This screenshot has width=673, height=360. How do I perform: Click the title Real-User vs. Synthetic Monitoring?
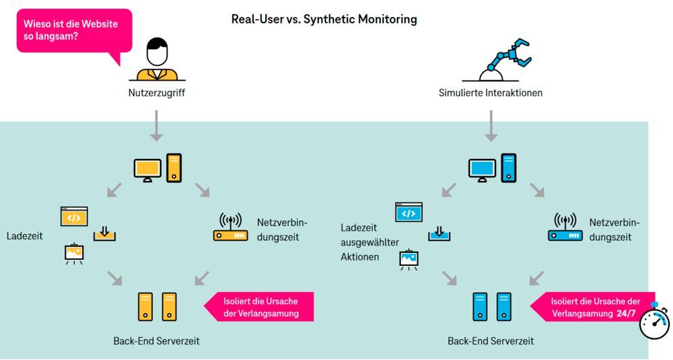[324, 20]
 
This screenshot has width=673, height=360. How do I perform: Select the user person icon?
[157, 60]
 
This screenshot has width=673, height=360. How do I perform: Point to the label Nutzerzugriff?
[156, 93]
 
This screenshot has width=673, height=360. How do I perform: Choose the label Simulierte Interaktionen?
[490, 93]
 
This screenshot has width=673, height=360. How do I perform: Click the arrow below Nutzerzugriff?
[156, 124]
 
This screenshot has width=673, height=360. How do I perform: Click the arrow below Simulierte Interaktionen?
[491, 124]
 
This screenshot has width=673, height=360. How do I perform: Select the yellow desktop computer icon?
[157, 168]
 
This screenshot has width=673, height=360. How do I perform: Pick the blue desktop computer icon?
[492, 168]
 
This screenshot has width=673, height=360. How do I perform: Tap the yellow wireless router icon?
[230, 228]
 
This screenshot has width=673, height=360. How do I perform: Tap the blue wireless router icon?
[565, 228]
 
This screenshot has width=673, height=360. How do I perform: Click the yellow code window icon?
[74, 216]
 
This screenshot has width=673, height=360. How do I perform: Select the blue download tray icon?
[439, 233]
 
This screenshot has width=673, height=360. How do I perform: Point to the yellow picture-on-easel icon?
[74, 253]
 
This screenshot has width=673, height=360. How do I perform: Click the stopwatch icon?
[654, 323]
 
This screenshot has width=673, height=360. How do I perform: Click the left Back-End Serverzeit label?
[156, 341]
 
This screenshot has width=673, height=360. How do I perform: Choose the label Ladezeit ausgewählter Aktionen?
[370, 242]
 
